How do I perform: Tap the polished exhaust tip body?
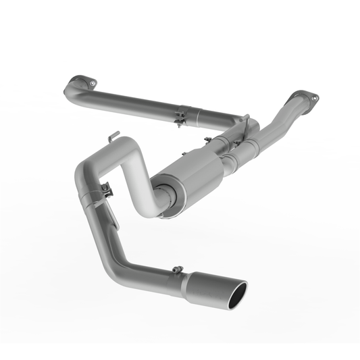click(215, 286)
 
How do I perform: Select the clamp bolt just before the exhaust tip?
click(177, 270)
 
